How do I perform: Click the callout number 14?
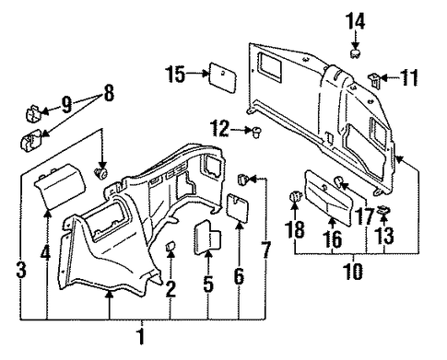coord(356,21)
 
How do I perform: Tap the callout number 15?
coord(175,74)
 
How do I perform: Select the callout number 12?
coord(219,129)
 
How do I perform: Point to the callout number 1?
coord(140,337)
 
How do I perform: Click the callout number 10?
coord(353,272)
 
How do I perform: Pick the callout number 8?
coord(109,93)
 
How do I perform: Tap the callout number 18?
coord(295,229)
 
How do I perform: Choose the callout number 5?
coord(208,284)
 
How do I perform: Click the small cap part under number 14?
coord(355,53)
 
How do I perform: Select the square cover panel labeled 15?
coord(223,77)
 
